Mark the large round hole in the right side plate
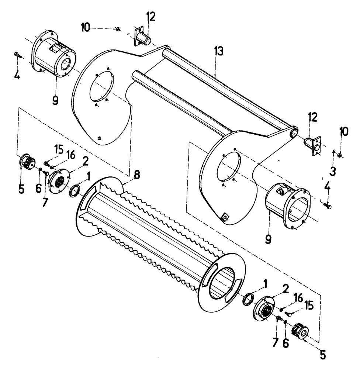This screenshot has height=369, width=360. (x=228, y=167)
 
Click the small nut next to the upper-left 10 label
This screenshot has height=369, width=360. (x=117, y=29)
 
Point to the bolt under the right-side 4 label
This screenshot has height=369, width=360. (x=327, y=205)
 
